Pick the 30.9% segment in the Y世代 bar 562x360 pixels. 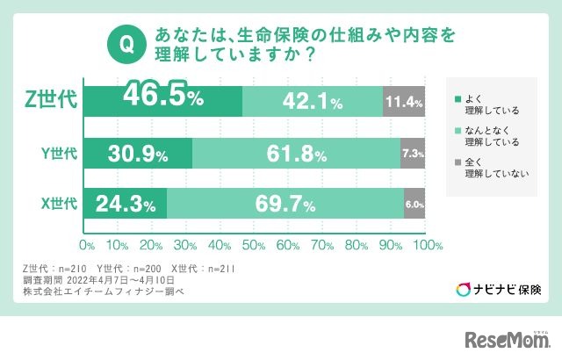[139, 154]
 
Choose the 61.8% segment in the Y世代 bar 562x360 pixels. [297, 154]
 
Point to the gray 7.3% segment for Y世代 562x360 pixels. [414, 154]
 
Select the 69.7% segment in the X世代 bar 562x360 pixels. [285, 205]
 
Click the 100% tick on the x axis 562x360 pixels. [427, 243]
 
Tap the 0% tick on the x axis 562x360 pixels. [87, 243]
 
